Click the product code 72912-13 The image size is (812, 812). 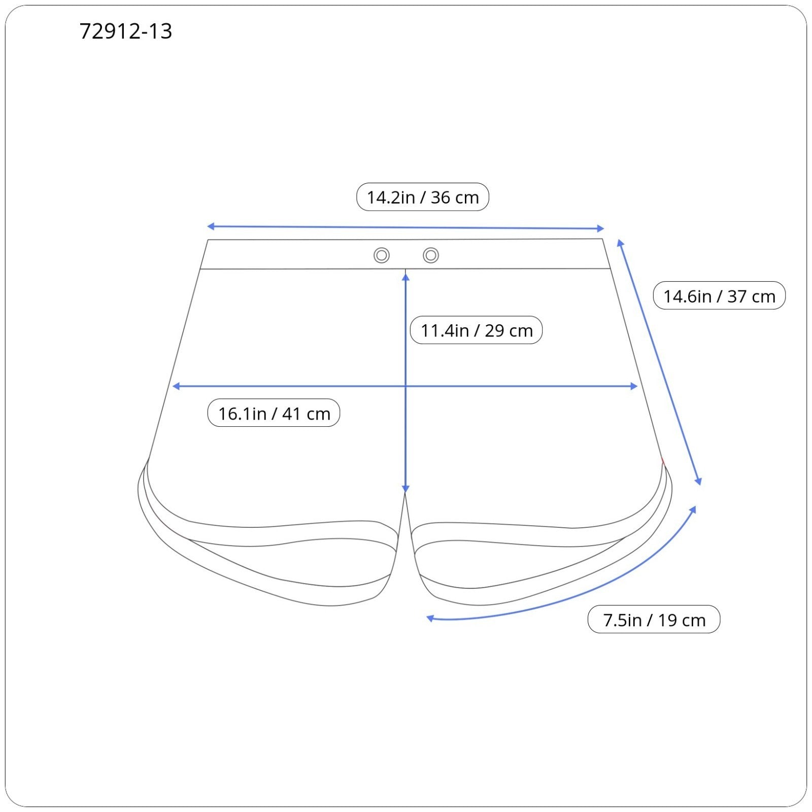126,31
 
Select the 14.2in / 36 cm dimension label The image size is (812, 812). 423,197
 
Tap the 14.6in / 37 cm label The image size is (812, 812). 719,296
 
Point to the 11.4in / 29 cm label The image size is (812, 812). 477,330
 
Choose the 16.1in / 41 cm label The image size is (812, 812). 274,413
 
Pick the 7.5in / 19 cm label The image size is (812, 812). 654,620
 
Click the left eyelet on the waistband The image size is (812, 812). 382,255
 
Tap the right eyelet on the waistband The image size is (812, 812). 431,255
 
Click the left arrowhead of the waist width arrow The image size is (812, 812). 210,226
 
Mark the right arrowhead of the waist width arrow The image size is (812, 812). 601,228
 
